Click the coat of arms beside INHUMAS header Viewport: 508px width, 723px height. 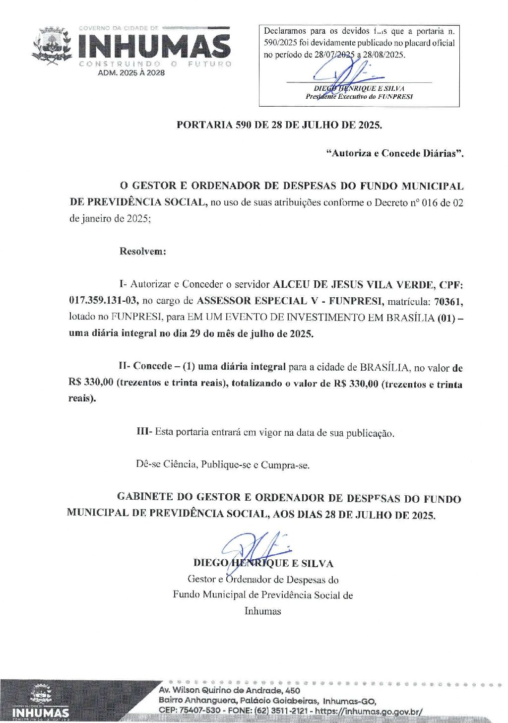(52, 47)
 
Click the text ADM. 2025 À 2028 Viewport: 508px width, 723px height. (131, 72)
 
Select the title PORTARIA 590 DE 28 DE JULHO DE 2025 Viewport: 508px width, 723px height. (279, 125)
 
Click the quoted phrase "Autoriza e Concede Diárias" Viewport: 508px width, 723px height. (395, 153)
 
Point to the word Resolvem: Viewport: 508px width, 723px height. (143, 251)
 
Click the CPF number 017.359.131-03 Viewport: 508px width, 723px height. (104, 301)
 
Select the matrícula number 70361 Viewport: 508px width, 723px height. (448, 301)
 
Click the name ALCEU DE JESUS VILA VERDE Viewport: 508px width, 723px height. (354, 284)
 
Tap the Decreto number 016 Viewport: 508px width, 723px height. (429, 202)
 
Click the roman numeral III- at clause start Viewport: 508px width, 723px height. (144, 432)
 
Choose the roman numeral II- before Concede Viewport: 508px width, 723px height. (125, 366)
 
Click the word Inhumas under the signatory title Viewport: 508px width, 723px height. (262, 611)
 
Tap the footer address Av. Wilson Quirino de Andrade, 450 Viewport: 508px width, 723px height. (229, 690)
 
